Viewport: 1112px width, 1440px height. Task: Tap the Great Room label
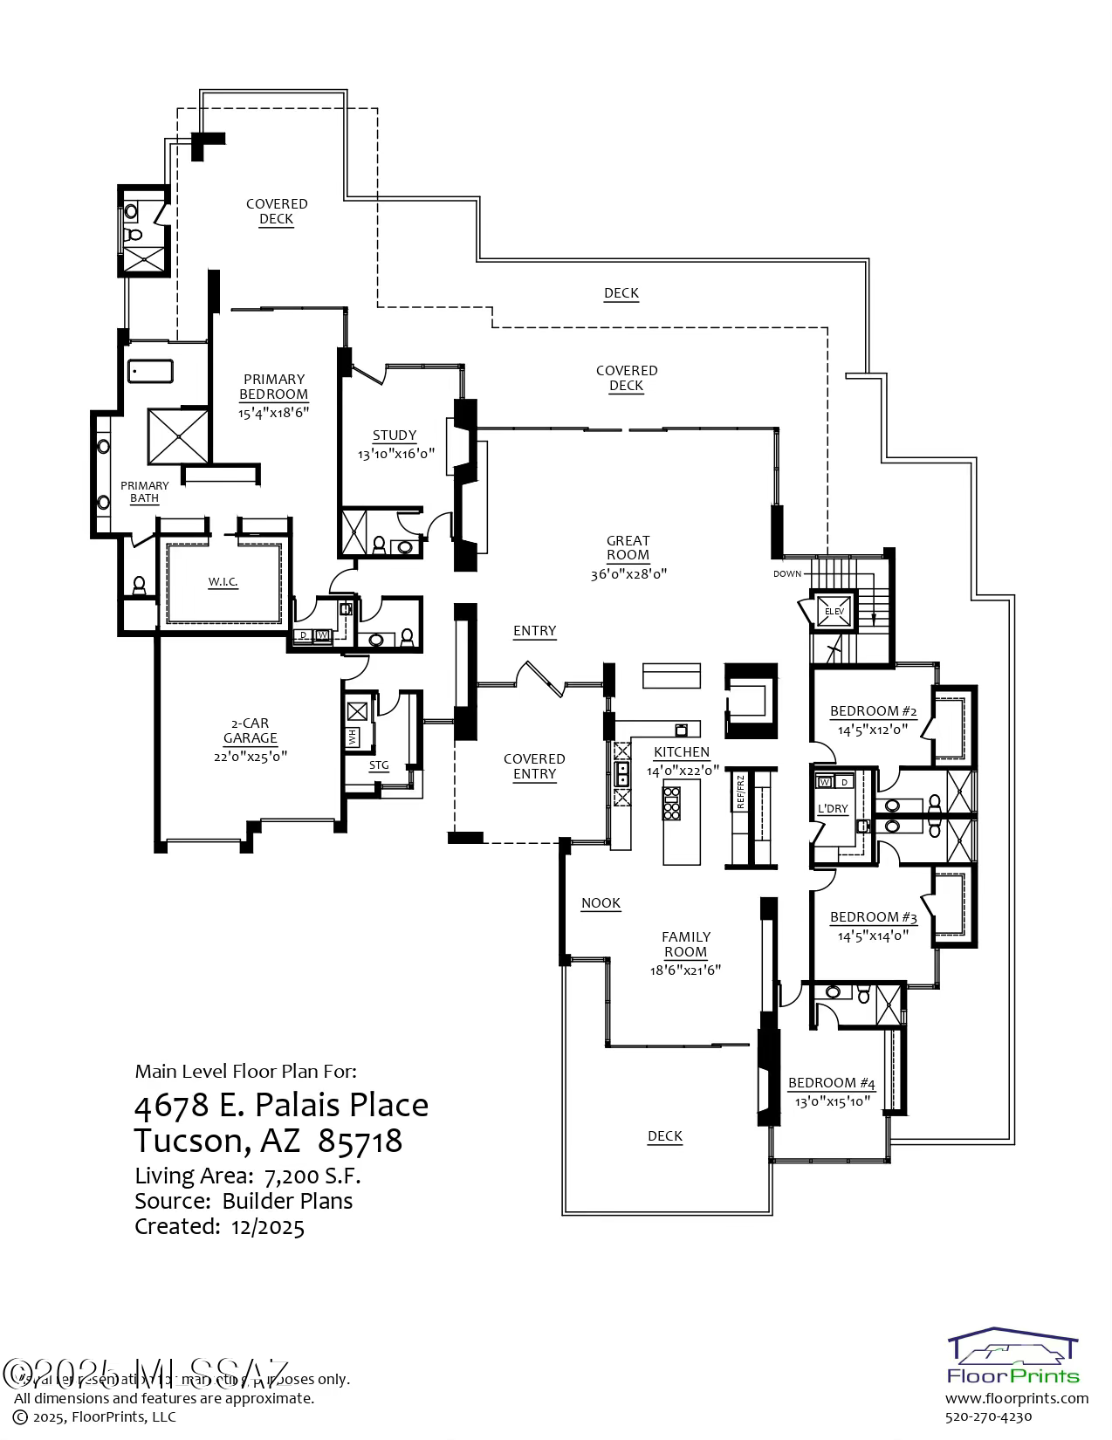(x=628, y=547)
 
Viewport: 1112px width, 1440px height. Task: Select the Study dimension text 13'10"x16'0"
(x=395, y=454)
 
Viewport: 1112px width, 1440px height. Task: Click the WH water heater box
(x=354, y=737)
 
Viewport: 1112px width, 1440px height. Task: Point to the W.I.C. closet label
(x=223, y=582)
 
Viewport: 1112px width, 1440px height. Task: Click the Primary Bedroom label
(x=274, y=387)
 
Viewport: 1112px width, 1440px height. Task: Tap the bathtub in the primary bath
(x=151, y=371)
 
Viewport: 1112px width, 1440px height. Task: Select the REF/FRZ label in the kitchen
(x=740, y=792)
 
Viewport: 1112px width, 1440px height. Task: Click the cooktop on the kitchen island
(x=671, y=804)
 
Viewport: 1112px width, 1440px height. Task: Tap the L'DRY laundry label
(x=833, y=809)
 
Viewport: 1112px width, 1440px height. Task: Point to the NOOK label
(x=601, y=903)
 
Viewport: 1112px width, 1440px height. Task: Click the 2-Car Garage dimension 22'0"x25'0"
(x=251, y=756)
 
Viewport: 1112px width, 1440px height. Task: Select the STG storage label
(x=379, y=765)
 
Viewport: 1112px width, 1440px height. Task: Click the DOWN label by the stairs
(x=787, y=574)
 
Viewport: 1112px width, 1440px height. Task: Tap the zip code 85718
(x=360, y=1141)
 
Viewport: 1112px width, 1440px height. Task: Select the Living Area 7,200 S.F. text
(x=248, y=1176)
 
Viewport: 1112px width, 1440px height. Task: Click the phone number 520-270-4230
(x=989, y=1416)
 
